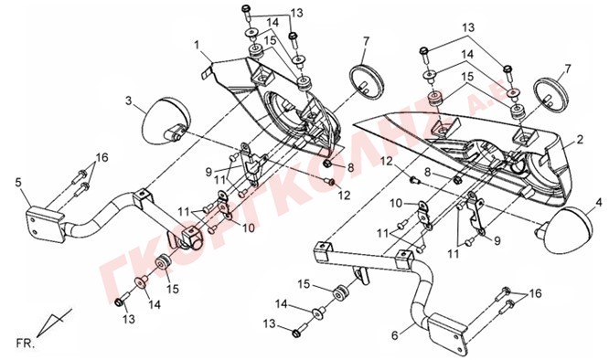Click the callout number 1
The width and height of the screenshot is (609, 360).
point(198,45)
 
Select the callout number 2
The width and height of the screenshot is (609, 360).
point(580,140)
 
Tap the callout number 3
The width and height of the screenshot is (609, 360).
point(129,101)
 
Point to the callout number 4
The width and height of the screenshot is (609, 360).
point(599,202)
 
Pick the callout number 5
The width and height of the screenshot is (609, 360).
point(18,182)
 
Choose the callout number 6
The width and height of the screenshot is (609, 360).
point(395,334)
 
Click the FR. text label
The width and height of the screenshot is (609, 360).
point(26,344)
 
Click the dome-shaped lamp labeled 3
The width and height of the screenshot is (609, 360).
point(167,121)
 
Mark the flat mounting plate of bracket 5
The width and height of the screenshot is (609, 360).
point(44,226)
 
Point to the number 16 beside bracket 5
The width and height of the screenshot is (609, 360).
point(102,158)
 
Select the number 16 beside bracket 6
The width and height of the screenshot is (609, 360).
point(535,293)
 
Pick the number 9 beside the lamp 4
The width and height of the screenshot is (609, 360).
point(497,241)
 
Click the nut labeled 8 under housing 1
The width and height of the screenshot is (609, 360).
point(327,163)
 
